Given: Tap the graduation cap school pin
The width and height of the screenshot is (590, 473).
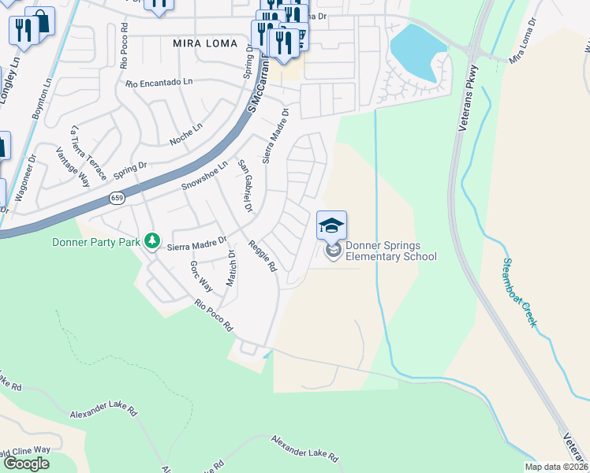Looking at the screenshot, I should (x=331, y=226).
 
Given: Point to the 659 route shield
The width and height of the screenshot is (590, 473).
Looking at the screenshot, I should (x=117, y=199).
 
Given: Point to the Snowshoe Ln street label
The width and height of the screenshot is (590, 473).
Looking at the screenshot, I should (x=204, y=175).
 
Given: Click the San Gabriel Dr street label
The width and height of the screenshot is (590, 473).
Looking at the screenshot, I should (x=245, y=186).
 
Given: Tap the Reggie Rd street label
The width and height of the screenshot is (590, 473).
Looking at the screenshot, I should (x=262, y=256).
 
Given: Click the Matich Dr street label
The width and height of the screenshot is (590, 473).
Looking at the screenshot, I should (x=231, y=268).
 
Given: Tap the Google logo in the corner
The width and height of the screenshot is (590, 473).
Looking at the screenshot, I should (x=25, y=464).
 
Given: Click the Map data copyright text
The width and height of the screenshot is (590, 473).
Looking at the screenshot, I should (x=556, y=467).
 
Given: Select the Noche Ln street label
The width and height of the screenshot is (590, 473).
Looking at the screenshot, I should (x=186, y=135).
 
